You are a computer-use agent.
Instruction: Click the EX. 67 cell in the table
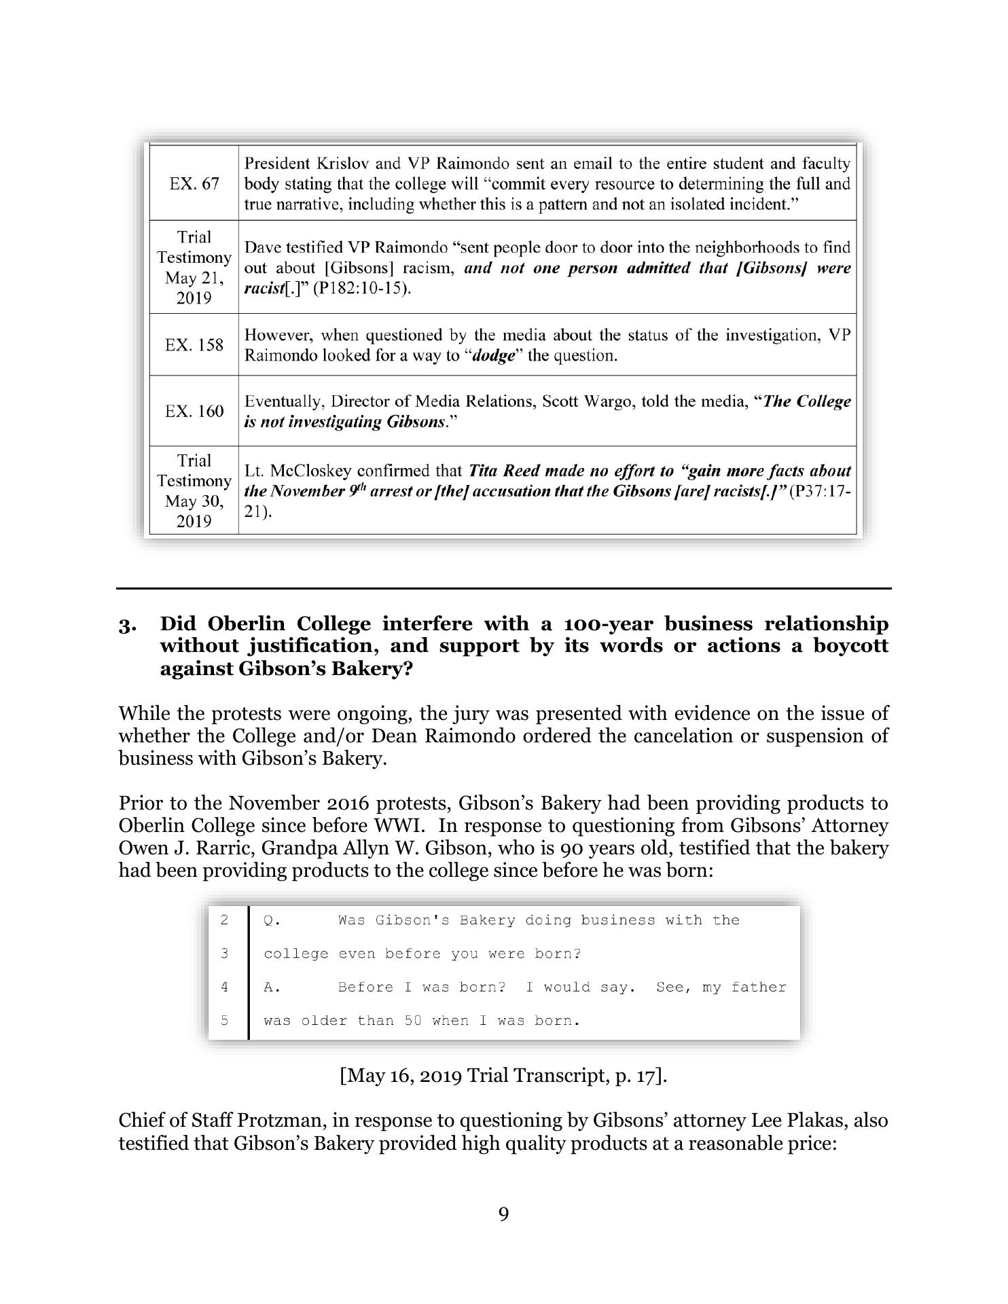point(194,184)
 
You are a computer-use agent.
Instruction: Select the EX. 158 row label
point(194,345)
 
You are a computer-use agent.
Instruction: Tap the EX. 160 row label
point(194,411)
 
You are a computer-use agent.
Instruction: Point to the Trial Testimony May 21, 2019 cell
point(194,268)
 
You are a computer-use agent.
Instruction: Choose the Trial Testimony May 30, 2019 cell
point(194,491)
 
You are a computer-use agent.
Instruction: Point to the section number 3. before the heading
point(127,625)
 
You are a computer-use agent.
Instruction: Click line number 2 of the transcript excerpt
point(225,920)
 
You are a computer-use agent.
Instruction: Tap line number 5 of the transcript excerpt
point(225,1021)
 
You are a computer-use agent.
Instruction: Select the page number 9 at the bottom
point(503,1214)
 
